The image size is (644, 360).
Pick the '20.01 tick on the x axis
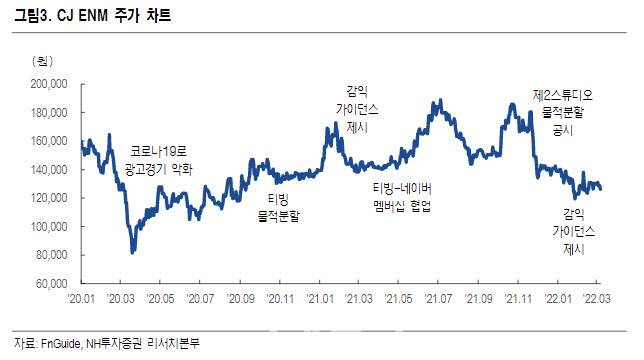[x=81, y=298]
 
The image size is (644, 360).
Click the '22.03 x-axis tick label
[x=597, y=298]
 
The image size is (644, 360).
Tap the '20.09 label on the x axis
[x=240, y=298]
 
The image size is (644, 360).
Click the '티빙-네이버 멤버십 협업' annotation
[x=402, y=199]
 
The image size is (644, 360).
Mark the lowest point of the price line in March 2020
[x=132, y=252]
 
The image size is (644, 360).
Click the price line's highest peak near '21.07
[x=438, y=101]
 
